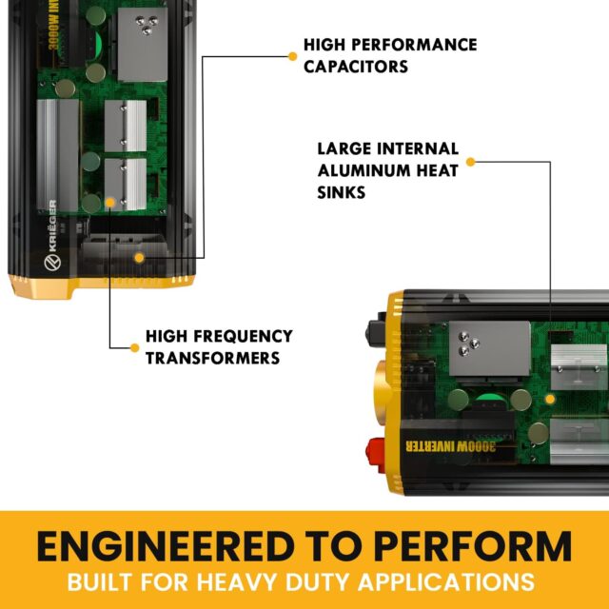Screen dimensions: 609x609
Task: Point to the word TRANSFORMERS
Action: click(206, 358)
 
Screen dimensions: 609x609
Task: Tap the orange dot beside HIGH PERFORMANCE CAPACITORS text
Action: click(293, 55)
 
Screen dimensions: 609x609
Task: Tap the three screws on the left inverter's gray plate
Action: click(148, 25)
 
